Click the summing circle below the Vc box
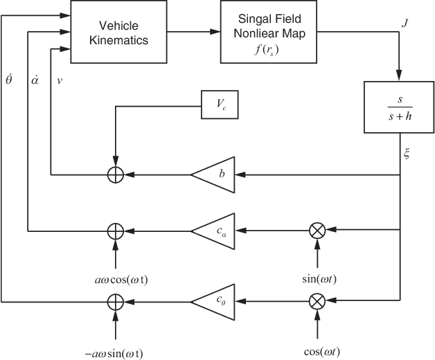click(116, 175)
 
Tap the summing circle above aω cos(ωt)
click(116, 230)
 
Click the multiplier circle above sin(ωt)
click(317, 230)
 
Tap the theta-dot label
click(8, 78)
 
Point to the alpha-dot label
click(35, 79)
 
